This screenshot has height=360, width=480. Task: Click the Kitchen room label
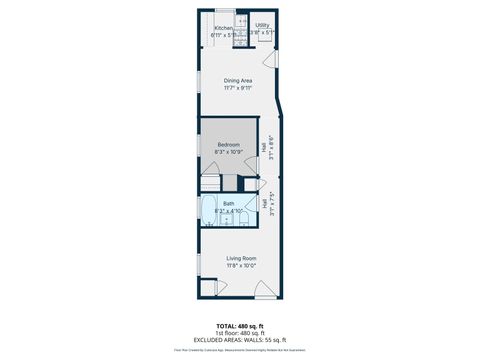point(224,28)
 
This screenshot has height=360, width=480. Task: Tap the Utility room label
point(262,25)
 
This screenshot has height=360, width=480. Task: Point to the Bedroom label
point(230,145)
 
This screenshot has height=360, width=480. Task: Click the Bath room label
point(229,204)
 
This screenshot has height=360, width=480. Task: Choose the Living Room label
point(240,258)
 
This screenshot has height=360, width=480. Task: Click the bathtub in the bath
point(209,211)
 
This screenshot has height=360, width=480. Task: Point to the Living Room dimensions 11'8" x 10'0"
point(240,266)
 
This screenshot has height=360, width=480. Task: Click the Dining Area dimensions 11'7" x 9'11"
point(237,88)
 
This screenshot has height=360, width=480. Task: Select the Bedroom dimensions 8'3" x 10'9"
point(230,153)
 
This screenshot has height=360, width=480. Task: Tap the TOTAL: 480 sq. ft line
point(240,326)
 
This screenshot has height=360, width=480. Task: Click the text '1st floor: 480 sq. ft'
point(240,333)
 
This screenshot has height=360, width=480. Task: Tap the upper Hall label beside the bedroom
point(264,147)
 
